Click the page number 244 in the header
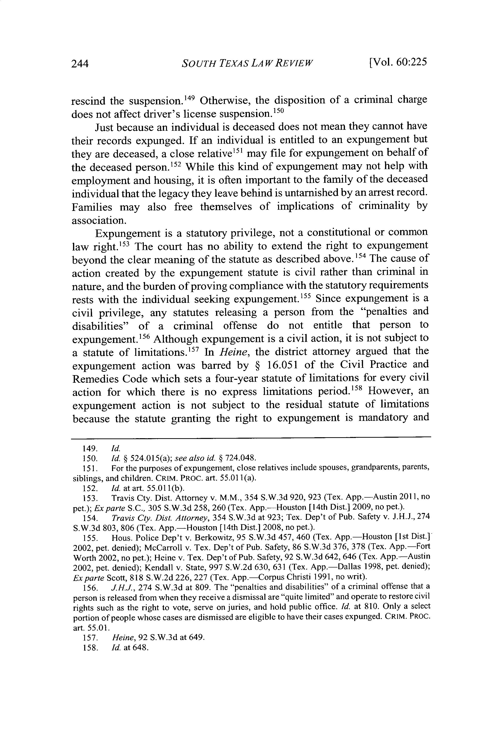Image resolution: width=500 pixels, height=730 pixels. pyautogui.click(x=80, y=64)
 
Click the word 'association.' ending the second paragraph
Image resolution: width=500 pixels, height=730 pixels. pyautogui.click(x=99, y=220)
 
